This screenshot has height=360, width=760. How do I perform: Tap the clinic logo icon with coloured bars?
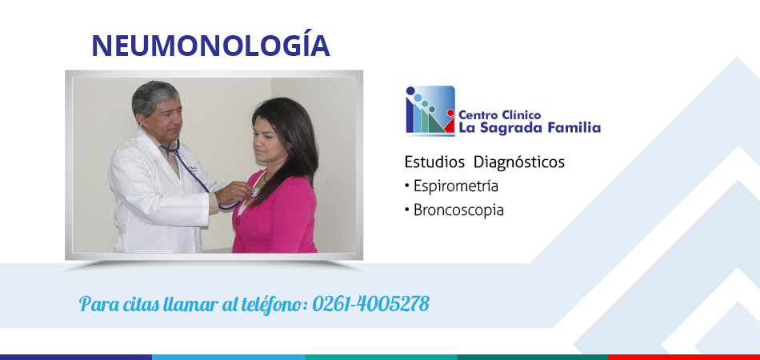(x=430, y=111)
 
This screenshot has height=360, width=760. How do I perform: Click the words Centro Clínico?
(x=500, y=115)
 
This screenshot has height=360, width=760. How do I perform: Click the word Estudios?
(x=434, y=162)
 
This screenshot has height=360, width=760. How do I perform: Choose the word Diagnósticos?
(x=519, y=162)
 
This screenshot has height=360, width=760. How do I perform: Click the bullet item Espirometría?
(x=451, y=186)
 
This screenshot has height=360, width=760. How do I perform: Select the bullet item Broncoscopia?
(x=454, y=210)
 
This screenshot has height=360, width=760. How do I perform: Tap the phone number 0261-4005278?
(x=370, y=304)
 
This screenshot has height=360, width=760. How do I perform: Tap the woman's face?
(x=267, y=138)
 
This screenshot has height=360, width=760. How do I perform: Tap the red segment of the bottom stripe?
(x=684, y=357)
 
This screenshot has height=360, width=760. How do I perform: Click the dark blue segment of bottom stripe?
(x=76, y=357)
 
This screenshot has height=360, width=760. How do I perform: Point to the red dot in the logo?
(x=450, y=113)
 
